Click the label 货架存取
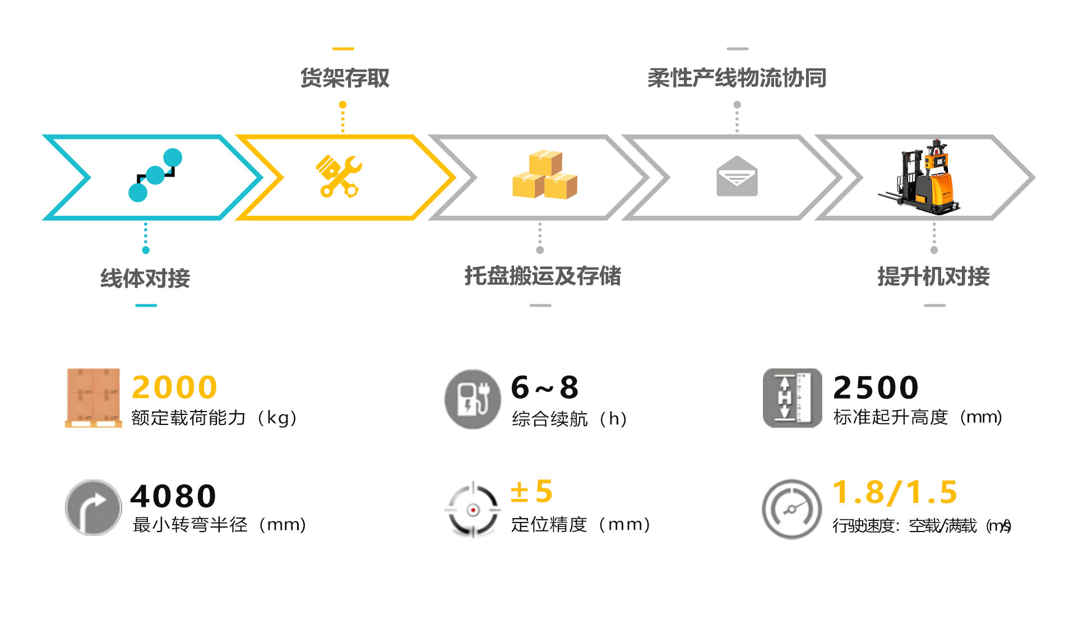coord(345,78)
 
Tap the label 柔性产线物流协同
coord(737,78)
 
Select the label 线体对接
coord(145,278)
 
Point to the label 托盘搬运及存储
coord(542,276)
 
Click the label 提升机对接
coord(933,276)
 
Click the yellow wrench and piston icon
coord(339,177)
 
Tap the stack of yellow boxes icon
coord(544,175)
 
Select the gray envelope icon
coord(737,177)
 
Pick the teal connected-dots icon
coord(155,175)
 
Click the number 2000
coord(174,387)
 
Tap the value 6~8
coord(545,387)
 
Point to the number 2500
coord(876,387)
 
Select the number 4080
coord(173,496)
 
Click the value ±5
coord(531,492)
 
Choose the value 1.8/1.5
coord(895,492)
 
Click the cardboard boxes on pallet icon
coord(93,398)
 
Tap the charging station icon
coord(473,399)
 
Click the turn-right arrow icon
coord(93,508)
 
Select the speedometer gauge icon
coord(791,509)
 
